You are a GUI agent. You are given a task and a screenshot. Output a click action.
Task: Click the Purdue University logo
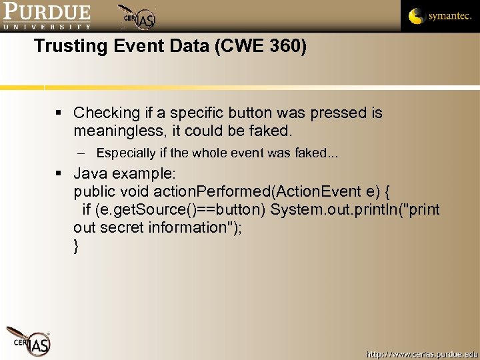[x=46, y=16]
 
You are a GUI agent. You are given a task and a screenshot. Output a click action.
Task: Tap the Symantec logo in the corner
[x=440, y=16]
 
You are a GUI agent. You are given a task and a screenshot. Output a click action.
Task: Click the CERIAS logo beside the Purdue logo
[x=137, y=17]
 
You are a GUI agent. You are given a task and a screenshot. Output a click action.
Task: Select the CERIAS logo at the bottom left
[x=29, y=339]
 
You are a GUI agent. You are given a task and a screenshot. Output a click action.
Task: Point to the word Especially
[x=126, y=153]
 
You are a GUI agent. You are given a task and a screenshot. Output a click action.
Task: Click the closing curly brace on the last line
[x=77, y=245]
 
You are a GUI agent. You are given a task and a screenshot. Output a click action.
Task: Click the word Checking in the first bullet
[x=107, y=113]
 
